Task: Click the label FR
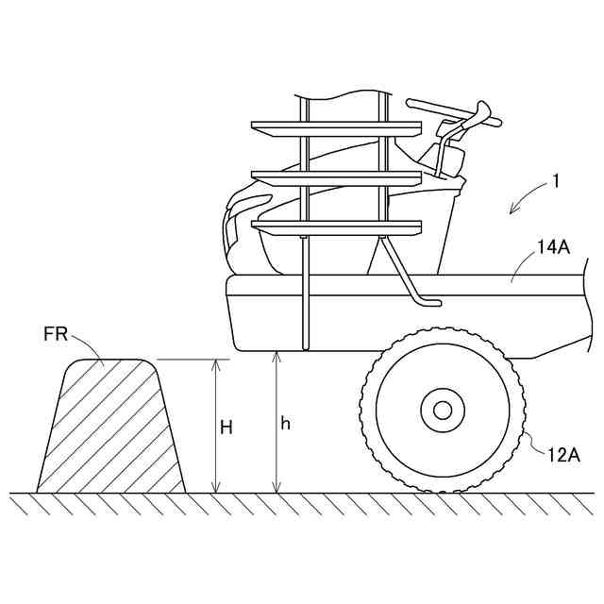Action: [56, 333]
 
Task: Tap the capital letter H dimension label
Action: [226, 427]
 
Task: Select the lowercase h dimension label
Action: [286, 424]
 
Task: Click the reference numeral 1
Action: [557, 180]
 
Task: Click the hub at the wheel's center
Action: [442, 410]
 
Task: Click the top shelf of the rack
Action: [335, 126]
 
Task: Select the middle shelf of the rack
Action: [335, 176]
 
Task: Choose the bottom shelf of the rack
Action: [335, 226]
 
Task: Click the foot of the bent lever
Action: [429, 301]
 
